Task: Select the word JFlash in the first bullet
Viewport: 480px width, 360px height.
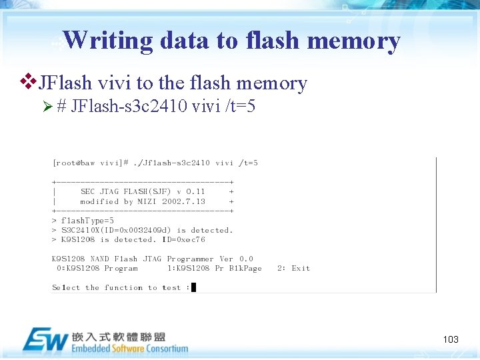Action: [x=65, y=83]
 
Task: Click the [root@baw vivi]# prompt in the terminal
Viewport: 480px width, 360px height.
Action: [x=87, y=163]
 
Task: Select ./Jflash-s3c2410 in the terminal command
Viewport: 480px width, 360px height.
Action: [x=171, y=163]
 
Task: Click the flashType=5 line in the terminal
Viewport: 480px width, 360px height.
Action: [x=87, y=221]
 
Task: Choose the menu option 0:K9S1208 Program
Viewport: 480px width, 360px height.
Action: [x=97, y=269]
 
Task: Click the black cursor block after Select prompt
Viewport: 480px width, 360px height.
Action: [x=193, y=287]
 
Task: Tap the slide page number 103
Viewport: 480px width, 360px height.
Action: [x=451, y=339]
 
